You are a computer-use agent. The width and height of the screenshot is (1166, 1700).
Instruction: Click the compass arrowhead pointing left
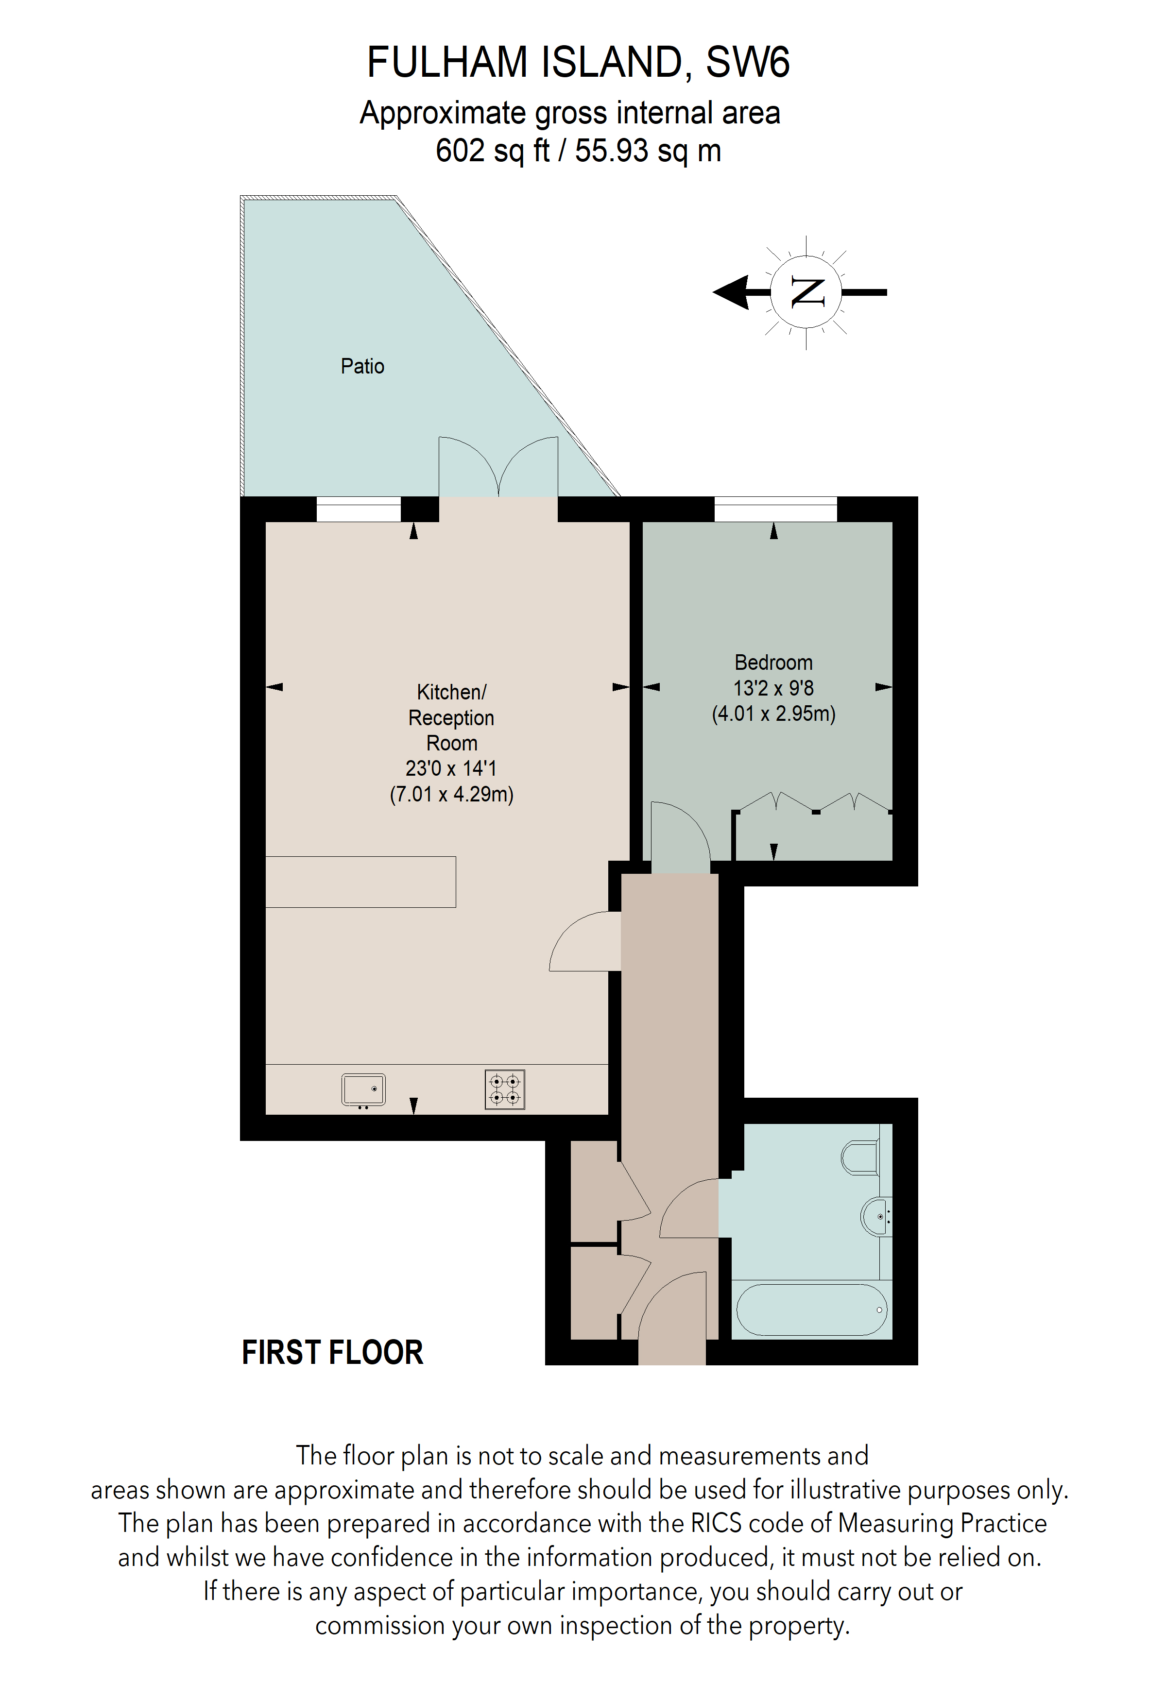click(x=732, y=292)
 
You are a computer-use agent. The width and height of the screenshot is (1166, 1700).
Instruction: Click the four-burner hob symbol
click(x=505, y=1090)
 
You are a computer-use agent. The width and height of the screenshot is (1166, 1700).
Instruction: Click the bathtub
click(x=811, y=1309)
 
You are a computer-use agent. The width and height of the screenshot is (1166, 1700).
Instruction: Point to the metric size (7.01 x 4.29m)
click(x=451, y=795)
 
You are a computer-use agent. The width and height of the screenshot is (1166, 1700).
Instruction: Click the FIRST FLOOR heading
click(x=332, y=1353)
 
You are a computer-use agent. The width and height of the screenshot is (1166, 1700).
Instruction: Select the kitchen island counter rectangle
click(x=360, y=882)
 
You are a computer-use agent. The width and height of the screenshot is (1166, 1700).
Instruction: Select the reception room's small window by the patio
click(x=359, y=509)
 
